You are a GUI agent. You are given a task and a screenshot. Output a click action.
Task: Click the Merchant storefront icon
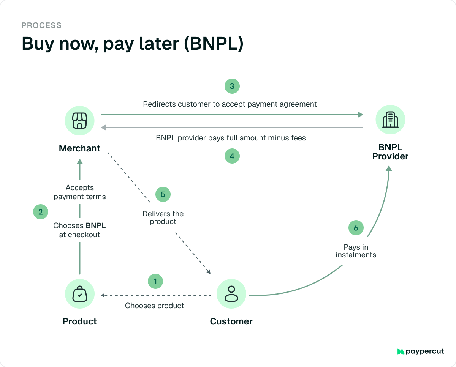(x=79, y=121)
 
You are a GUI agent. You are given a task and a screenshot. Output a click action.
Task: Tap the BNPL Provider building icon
(x=390, y=120)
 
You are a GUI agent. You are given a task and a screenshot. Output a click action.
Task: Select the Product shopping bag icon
(x=79, y=294)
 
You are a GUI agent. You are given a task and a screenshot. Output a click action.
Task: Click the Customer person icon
(x=231, y=294)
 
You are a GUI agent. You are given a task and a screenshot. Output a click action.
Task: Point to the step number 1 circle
(x=155, y=281)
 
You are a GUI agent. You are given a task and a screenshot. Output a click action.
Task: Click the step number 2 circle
(x=41, y=212)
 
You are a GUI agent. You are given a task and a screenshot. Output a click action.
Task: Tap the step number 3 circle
(x=232, y=86)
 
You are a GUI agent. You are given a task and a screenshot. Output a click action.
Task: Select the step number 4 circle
(x=232, y=156)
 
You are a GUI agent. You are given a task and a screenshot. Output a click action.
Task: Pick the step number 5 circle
(x=163, y=194)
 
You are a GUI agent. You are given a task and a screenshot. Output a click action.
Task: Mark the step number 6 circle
(x=356, y=228)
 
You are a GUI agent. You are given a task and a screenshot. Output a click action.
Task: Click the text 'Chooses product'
(x=154, y=306)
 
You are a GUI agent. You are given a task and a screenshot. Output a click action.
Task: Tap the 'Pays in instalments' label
(x=356, y=251)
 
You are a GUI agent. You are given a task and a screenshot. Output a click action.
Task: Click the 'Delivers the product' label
(x=163, y=217)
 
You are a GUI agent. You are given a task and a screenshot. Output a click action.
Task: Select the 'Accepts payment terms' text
(x=79, y=192)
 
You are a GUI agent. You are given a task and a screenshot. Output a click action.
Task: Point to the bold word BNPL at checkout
(x=96, y=225)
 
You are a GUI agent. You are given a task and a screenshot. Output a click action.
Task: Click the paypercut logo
(x=420, y=351)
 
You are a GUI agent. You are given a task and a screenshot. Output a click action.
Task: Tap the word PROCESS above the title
(x=41, y=26)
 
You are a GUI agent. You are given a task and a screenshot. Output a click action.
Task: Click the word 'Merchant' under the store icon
(x=79, y=148)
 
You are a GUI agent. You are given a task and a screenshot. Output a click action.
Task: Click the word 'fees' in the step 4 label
(x=298, y=138)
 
